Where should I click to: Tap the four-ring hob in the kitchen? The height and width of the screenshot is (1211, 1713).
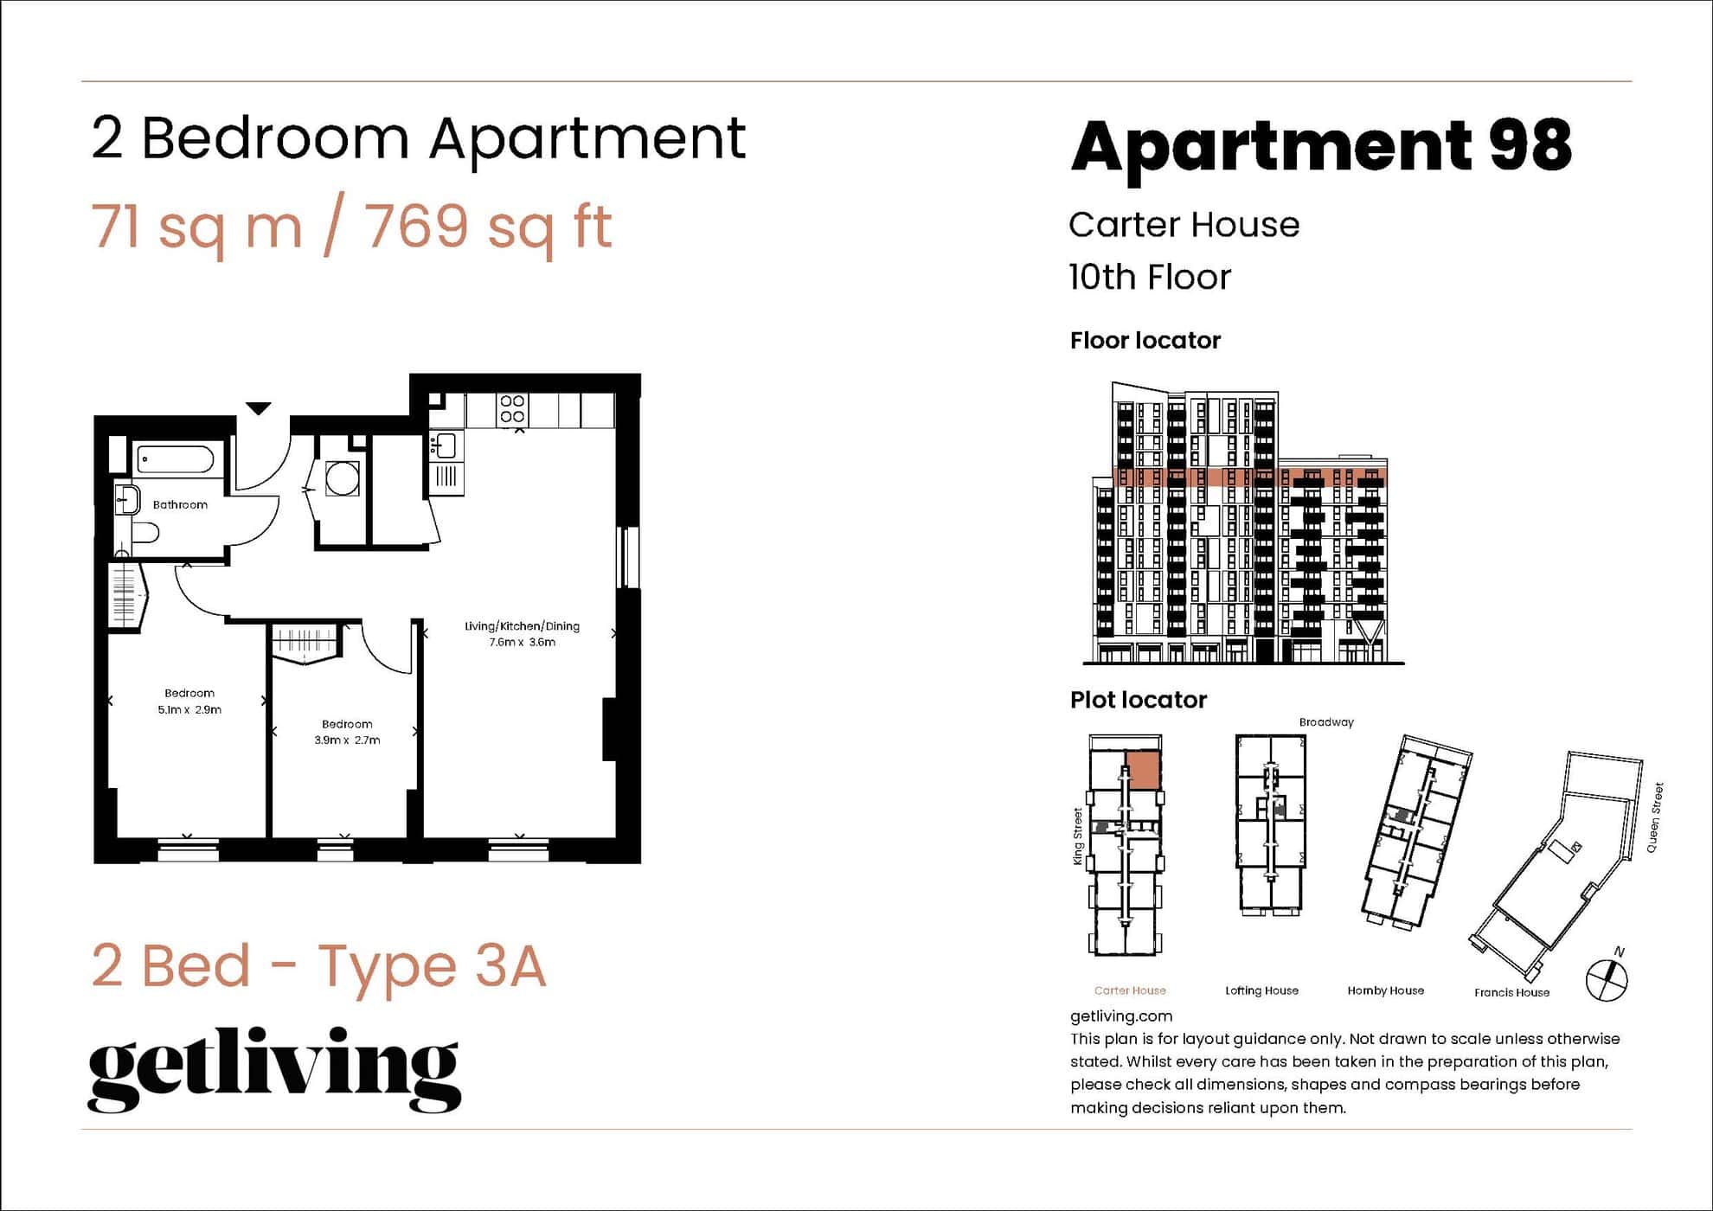coord(512,408)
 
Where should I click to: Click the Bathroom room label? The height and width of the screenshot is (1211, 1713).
coord(180,504)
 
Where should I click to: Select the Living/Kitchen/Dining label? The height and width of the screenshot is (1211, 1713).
coord(522,626)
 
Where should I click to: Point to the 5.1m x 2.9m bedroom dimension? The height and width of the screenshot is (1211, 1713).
coord(189,709)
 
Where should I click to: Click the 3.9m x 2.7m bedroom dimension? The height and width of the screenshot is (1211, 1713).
coord(347,740)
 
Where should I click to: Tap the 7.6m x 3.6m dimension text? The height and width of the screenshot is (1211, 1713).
coord(522,642)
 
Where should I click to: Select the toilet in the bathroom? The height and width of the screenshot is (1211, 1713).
coord(144,530)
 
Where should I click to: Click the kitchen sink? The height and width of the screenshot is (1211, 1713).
coord(445,445)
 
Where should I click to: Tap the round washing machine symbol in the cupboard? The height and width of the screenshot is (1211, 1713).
coord(343,478)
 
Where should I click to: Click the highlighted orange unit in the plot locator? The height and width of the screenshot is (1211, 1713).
coord(1143,770)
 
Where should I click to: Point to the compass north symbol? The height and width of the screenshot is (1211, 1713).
coord(1607,978)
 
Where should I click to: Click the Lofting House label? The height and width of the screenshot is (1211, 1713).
coord(1261,990)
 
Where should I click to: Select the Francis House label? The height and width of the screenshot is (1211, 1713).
coord(1511,992)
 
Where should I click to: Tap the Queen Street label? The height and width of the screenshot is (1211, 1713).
coord(1654,817)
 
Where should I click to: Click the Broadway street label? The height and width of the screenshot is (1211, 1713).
coord(1325,722)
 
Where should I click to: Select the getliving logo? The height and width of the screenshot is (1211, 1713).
coord(274,1069)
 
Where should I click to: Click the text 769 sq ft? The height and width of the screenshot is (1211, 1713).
coord(488,227)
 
